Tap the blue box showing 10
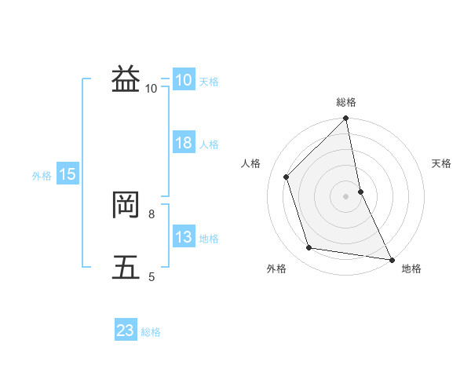pos(183,80)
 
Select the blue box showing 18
pos(184,143)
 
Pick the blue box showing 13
pos(184,237)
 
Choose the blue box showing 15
pos(68,174)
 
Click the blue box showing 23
pos(126,331)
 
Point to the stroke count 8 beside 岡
pos(151,213)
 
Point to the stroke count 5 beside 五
pos(151,276)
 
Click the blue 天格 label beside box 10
pos(209,82)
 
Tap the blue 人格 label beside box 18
pos(209,144)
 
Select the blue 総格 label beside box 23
pos(151,332)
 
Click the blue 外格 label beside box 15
pos(42,176)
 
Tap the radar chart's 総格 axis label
pos(346,102)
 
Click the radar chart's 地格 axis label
pos(411,269)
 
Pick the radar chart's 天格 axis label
pos(441,163)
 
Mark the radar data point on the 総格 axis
pos(346,119)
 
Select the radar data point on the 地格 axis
pos(391,259)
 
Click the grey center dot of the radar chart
pos(346,195)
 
